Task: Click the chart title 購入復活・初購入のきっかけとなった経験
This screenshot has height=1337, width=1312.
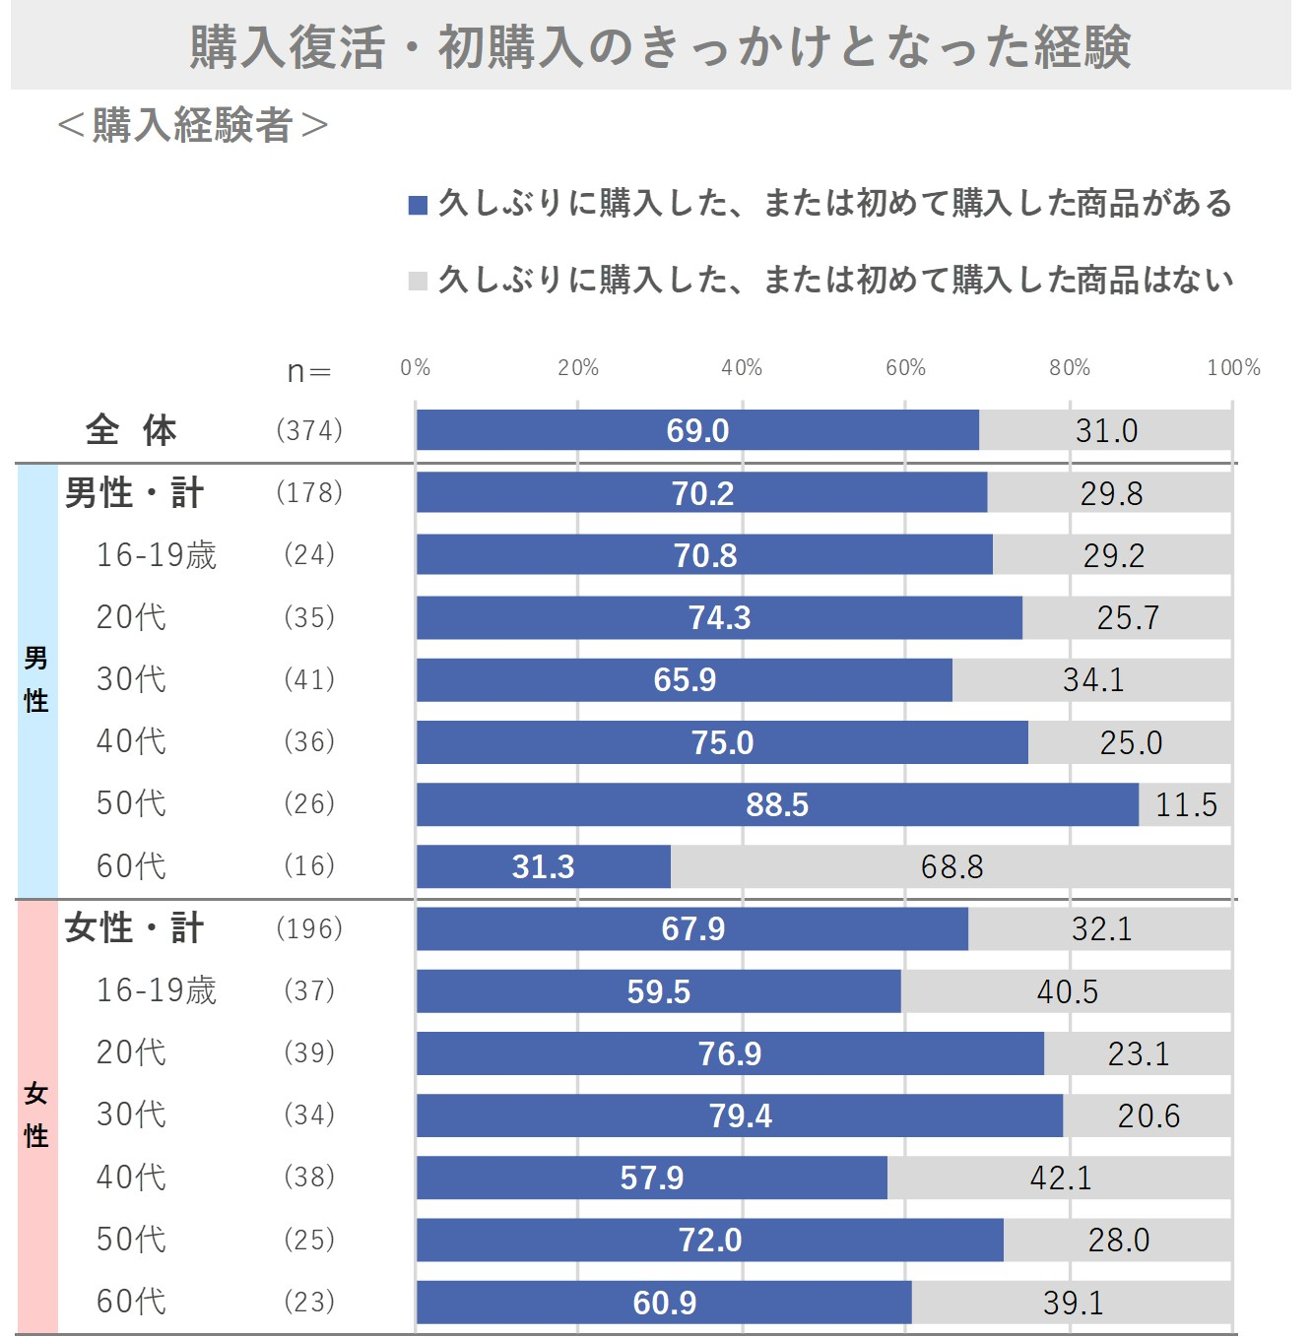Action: pyautogui.click(x=659, y=46)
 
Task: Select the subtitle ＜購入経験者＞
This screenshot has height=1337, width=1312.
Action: pyautogui.click(x=192, y=125)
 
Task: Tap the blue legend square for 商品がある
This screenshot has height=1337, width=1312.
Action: pyautogui.click(x=418, y=205)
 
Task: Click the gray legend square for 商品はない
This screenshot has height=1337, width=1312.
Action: pyautogui.click(x=418, y=282)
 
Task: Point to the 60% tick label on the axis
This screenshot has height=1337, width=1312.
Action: pyautogui.click(x=905, y=368)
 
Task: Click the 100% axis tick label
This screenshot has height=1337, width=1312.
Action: pyautogui.click(x=1233, y=368)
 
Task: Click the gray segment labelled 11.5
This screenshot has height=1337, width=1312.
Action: pyautogui.click(x=1185, y=804)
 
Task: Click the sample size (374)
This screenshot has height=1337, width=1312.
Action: pyautogui.click(x=309, y=430)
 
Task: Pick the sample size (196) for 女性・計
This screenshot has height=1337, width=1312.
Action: pyautogui.click(x=309, y=928)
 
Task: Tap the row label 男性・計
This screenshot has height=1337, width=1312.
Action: pyautogui.click(x=134, y=492)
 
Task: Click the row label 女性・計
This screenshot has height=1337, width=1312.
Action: pyautogui.click(x=134, y=928)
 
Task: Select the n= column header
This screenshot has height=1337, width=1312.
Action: pyautogui.click(x=309, y=371)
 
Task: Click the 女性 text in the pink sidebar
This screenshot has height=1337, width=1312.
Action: pyautogui.click(x=36, y=1114)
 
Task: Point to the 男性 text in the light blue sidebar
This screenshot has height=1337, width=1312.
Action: pyautogui.click(x=36, y=679)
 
